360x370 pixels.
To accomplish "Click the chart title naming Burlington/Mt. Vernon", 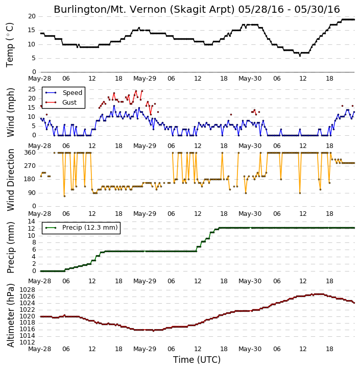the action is click(197, 9).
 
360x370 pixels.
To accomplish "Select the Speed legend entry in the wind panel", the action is click(64, 93).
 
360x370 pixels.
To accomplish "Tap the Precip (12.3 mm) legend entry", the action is click(81, 228).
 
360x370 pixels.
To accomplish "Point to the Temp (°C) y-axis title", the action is click(10, 45).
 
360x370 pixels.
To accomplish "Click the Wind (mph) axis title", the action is click(10, 112).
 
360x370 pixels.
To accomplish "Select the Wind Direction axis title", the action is click(10, 180).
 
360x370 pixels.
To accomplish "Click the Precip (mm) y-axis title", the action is click(10, 248).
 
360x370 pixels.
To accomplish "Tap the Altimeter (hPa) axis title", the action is click(10, 315).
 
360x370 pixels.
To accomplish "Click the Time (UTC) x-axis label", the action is click(197, 360).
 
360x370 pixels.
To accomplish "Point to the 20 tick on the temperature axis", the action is click(32, 16).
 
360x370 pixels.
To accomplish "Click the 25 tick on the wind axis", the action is click(32, 89).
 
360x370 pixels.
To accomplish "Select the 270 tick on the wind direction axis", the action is click(30, 166).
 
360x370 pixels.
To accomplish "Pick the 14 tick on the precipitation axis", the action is click(32, 221).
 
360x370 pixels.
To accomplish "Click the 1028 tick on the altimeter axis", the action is click(28, 290).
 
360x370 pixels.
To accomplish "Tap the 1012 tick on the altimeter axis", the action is click(28, 342).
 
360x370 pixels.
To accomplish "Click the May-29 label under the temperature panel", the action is click(145, 79).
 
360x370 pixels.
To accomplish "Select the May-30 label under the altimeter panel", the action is click(250, 349).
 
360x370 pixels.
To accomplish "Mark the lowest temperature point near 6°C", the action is click(300, 56).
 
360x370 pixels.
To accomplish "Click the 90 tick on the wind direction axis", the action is click(32, 193).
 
